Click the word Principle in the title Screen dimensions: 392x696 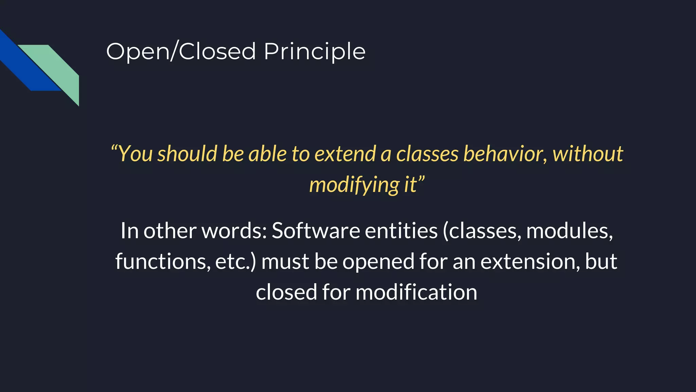tap(314, 52)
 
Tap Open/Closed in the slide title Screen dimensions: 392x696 tap(181, 52)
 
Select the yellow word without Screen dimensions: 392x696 tap(588, 154)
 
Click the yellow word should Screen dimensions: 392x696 tap(187, 154)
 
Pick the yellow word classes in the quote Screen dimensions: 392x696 tap(427, 154)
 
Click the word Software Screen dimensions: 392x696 tap(316, 231)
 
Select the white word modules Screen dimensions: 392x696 tap(569, 231)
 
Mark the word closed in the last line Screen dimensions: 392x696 tap(286, 292)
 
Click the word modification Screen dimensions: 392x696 tap(416, 292)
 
